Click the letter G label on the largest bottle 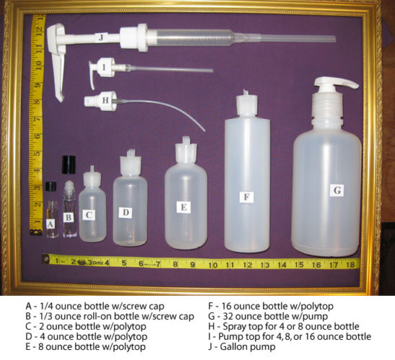pos(335,190)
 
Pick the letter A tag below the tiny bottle pos(50,225)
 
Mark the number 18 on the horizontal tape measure pos(350,264)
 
